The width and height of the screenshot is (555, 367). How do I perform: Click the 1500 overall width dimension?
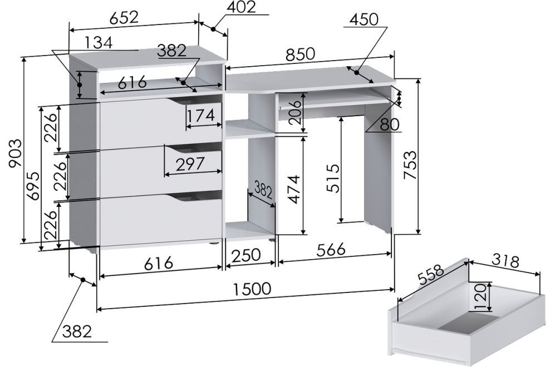point(252,289)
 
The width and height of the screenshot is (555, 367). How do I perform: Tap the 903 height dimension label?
point(16,154)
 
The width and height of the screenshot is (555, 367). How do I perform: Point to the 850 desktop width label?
point(300,54)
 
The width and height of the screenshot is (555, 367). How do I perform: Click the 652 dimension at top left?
point(124,18)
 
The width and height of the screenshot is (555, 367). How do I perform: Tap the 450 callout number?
point(364,20)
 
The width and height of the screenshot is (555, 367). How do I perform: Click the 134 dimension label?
point(99,42)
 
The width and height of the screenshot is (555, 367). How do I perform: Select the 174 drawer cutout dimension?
point(201,115)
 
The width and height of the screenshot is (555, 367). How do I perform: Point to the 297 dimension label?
point(190,163)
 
